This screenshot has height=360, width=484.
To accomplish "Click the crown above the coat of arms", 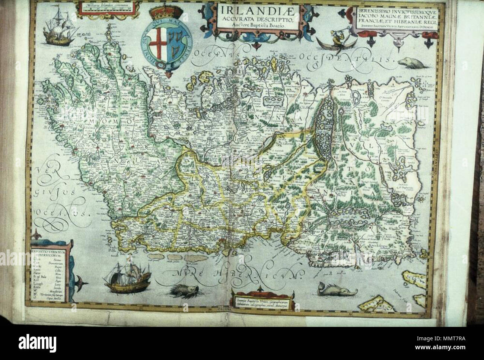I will (x=160, y=16).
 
